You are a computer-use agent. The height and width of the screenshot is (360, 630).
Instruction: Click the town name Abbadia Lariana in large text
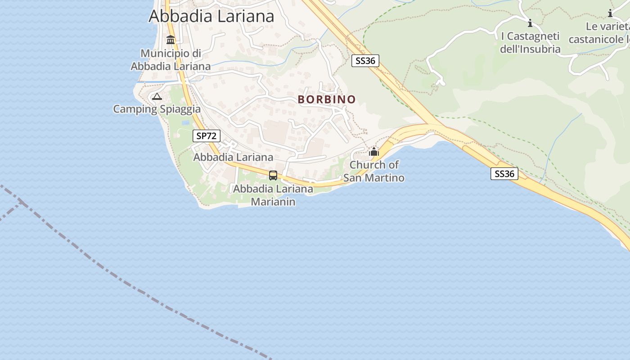point(211,16)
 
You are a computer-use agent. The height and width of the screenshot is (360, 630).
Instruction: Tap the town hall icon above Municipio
point(171,40)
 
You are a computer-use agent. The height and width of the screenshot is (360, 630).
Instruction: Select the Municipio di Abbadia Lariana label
point(171,60)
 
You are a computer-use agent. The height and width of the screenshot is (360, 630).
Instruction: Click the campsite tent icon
point(157,96)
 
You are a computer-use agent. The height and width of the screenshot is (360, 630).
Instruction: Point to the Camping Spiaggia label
point(157,109)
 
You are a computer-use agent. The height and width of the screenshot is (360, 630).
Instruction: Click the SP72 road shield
point(207,136)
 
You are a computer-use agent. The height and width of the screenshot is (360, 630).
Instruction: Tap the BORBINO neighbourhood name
point(327,99)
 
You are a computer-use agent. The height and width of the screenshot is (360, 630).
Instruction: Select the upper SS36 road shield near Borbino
point(365,61)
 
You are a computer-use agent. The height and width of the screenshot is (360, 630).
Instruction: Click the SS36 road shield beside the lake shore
point(504,174)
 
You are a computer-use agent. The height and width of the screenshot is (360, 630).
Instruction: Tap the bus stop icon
point(273,175)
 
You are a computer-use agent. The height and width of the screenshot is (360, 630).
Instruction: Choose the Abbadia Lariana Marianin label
point(273,195)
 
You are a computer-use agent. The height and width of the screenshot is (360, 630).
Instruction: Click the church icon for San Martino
point(374,152)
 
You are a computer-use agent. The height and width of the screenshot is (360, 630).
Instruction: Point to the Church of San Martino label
point(374,171)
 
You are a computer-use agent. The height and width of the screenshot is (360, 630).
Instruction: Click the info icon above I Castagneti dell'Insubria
point(530,23)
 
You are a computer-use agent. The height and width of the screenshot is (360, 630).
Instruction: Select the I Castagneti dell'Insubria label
point(530,43)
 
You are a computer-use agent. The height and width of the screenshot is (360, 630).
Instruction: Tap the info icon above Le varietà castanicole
point(610,13)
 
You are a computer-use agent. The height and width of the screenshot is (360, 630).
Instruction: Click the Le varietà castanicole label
point(601,33)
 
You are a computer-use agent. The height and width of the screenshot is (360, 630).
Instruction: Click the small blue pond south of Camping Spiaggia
point(185,122)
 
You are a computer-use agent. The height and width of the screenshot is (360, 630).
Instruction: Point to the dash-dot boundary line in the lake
point(135,288)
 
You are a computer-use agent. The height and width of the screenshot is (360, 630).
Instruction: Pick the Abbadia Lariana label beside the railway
point(233,157)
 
